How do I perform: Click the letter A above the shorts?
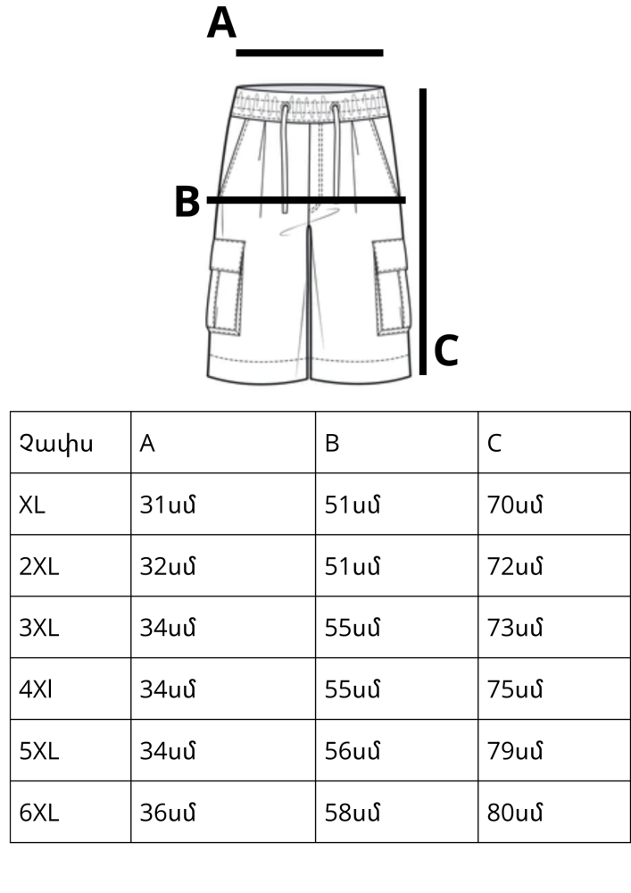click(221, 23)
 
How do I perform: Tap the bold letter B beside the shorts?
click(187, 202)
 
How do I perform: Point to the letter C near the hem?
click(446, 350)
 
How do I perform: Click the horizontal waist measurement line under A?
click(310, 53)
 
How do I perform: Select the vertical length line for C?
click(423, 231)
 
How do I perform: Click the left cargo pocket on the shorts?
click(226, 287)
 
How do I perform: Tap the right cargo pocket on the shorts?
click(392, 287)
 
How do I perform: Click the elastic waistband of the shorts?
click(310, 103)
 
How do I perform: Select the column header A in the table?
click(146, 443)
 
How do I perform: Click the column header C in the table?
click(494, 443)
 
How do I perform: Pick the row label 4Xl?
click(36, 689)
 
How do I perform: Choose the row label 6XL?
click(38, 812)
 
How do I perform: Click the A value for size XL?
click(168, 505)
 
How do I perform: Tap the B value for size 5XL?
click(353, 751)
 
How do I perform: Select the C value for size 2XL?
click(515, 566)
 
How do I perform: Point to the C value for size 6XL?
click(515, 812)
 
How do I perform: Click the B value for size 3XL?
click(353, 628)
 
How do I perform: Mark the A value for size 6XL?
click(168, 812)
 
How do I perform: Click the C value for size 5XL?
click(515, 751)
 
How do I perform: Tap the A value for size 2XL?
click(168, 566)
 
